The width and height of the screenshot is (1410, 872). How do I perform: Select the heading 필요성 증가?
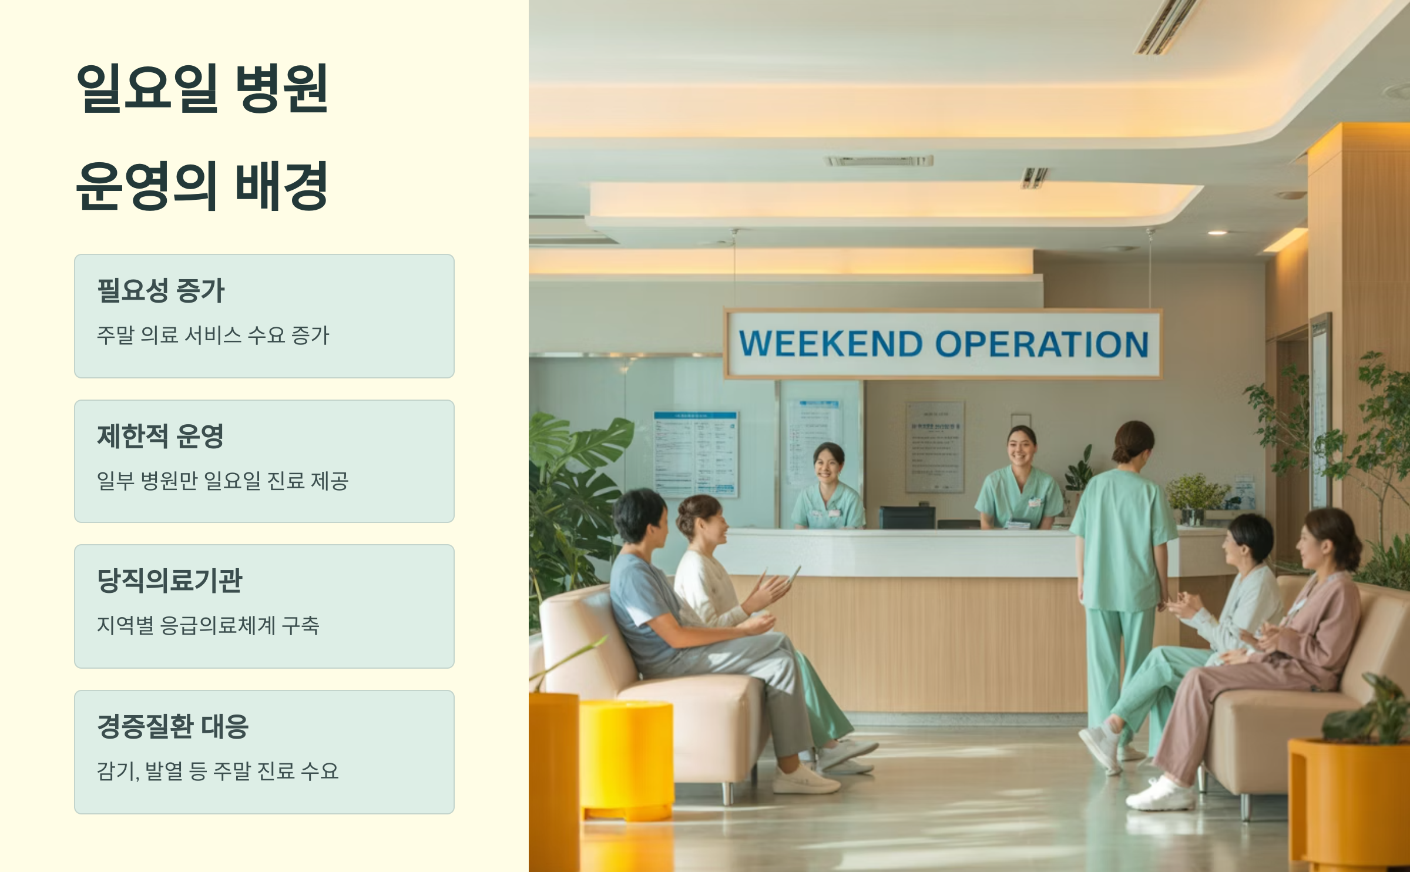coord(160,290)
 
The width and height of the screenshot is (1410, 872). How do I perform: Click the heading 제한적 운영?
coord(160,436)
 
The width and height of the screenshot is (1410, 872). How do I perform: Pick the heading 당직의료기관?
coord(169,581)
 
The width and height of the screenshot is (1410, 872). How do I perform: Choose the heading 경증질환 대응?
coord(173,726)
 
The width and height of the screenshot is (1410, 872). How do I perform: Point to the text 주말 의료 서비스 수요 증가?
coord(213,336)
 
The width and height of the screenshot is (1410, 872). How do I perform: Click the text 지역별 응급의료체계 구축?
coord(208,625)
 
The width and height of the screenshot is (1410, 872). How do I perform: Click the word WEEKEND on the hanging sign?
coord(830,344)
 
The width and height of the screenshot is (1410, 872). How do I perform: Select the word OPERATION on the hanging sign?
coord(1041,344)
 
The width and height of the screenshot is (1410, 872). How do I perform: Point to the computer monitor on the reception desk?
coord(907,517)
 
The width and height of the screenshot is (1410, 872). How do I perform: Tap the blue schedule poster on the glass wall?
coord(696,452)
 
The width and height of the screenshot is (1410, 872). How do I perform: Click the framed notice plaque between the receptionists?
coord(934,447)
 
